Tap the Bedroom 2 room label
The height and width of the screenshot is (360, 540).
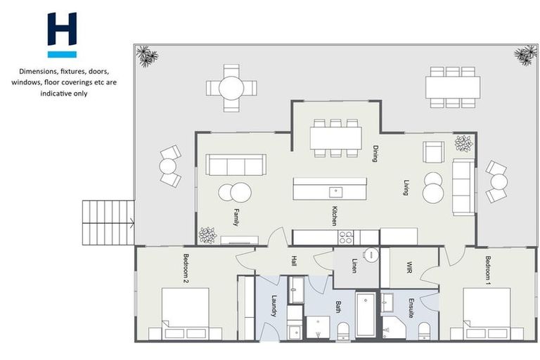(x=187, y=268)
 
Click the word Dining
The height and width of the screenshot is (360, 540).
(x=375, y=154)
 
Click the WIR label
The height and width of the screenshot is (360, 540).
(x=409, y=267)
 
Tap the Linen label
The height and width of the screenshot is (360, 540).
(x=354, y=267)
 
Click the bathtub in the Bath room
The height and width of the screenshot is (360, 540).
(x=366, y=316)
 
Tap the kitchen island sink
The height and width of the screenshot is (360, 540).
(x=335, y=190)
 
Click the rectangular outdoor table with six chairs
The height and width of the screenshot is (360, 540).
(x=452, y=87)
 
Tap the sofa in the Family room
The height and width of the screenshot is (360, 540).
(x=235, y=165)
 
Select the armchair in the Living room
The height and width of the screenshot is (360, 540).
(x=432, y=151)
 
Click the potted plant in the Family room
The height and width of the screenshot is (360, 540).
(x=207, y=235)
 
